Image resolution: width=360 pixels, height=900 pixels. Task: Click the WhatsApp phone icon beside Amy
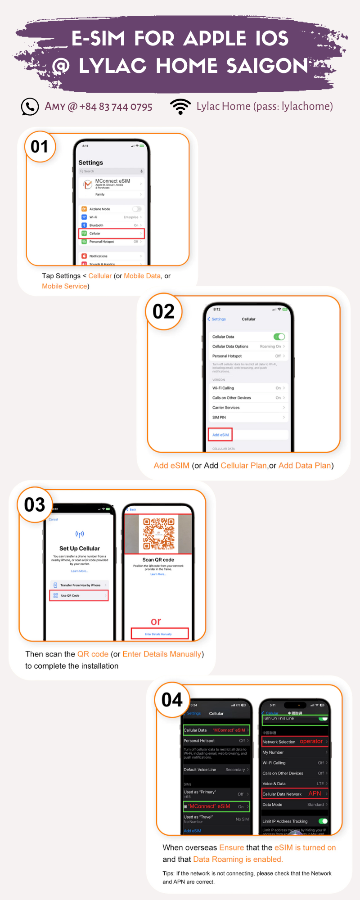tap(30, 107)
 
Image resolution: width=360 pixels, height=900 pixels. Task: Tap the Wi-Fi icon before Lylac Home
tap(180, 107)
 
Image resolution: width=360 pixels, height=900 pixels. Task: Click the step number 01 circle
tap(40, 146)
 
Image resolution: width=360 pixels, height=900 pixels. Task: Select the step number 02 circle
tap(163, 311)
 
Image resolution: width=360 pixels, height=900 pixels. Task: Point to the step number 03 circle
tap(35, 504)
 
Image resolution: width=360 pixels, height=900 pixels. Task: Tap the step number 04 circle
tap(172, 700)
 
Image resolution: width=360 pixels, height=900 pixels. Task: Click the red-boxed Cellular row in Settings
tap(112, 234)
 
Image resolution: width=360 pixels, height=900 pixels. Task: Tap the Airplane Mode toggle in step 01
tap(136, 209)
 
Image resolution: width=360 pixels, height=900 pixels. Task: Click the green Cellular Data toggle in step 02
tap(279, 337)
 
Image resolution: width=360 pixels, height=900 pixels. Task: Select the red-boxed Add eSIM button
tap(220, 435)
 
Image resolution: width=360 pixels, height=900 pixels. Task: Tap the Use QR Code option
tap(79, 595)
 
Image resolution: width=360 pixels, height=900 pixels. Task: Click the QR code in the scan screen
tap(158, 534)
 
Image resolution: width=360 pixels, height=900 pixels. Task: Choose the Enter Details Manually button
tap(159, 634)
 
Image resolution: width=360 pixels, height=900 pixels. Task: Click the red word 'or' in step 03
tap(156, 621)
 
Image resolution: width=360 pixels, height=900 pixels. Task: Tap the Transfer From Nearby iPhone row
tap(79, 585)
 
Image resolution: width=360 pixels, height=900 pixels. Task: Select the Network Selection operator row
tap(295, 741)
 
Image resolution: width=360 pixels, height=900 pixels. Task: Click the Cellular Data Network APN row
tap(295, 794)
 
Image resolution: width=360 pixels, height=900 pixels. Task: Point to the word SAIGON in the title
tap(267, 66)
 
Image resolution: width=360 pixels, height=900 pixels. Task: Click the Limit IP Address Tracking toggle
tap(323, 821)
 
